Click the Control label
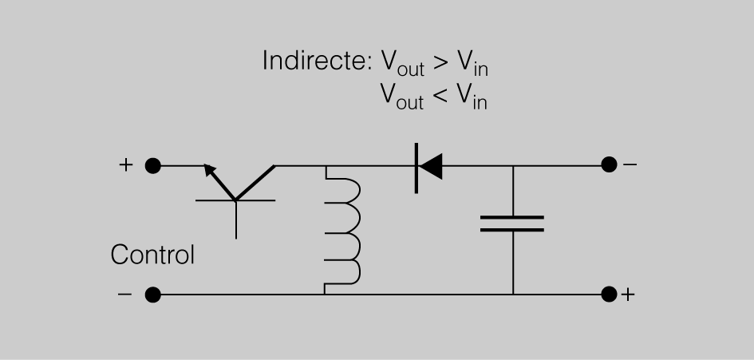(x=152, y=255)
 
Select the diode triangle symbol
(x=431, y=166)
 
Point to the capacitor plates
(x=512, y=223)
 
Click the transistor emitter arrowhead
(x=210, y=169)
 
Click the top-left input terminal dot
(x=153, y=166)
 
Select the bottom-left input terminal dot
(x=153, y=295)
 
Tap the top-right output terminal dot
(x=609, y=165)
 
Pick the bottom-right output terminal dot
(x=609, y=294)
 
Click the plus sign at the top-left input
(x=124, y=165)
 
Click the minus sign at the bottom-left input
(x=124, y=295)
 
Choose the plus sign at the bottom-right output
(x=629, y=295)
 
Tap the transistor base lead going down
(x=236, y=220)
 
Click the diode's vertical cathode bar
(x=416, y=166)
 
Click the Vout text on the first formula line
(x=398, y=64)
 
